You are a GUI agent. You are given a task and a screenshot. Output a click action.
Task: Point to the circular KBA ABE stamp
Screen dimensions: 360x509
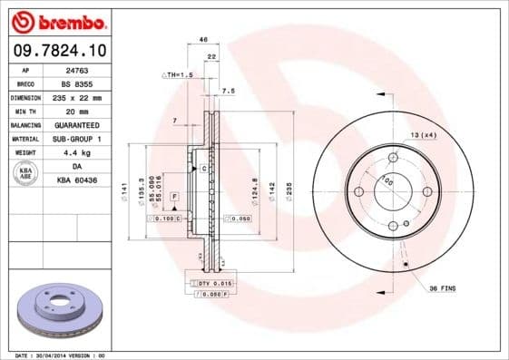pyautogui.click(x=26, y=174)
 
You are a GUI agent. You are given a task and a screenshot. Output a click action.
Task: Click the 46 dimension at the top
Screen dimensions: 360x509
pyautogui.click(x=203, y=40)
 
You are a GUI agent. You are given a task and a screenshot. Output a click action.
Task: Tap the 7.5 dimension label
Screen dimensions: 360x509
pyautogui.click(x=229, y=92)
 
